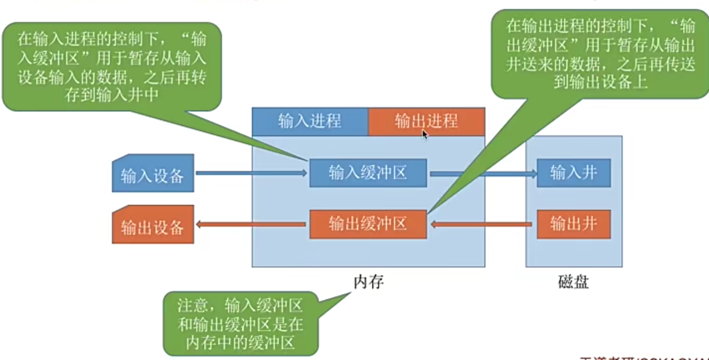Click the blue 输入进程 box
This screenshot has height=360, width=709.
(309, 121)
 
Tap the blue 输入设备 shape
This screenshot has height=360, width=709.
(152, 174)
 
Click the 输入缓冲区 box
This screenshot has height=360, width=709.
(368, 173)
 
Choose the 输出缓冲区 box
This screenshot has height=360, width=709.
(368, 224)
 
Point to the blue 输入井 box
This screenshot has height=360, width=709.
(573, 173)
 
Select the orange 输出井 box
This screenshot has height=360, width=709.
(573, 224)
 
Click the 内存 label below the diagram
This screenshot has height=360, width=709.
(368, 282)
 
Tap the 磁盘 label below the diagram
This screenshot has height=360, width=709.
(573, 282)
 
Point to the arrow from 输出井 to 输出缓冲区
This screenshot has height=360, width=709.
(482, 224)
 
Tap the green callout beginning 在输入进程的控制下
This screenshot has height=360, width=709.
(111, 66)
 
